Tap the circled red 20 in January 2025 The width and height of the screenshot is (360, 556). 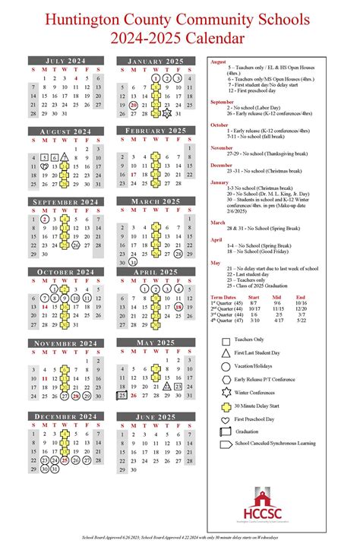[x=133, y=106]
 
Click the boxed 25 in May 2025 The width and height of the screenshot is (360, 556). [x=122, y=395]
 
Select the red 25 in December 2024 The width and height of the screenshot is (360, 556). [x=65, y=460]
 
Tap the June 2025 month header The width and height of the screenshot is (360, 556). [x=156, y=416]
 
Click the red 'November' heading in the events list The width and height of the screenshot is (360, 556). [x=223, y=148]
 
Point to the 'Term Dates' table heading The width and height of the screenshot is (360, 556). [x=223, y=297]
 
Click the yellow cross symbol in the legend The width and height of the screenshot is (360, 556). [x=226, y=406]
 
